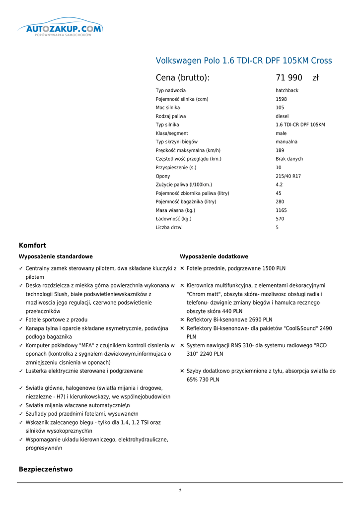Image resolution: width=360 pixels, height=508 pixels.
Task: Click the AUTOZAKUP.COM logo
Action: [x=61, y=29]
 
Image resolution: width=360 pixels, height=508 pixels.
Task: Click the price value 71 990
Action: [x=289, y=78]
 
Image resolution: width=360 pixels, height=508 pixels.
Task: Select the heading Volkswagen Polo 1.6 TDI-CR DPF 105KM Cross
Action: [x=244, y=61]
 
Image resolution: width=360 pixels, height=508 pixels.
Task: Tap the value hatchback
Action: [x=287, y=91]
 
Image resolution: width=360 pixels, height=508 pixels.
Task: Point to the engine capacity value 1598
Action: [x=281, y=99]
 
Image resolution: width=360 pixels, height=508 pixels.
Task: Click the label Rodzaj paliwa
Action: [x=171, y=116]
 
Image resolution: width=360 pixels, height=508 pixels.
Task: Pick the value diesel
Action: [x=282, y=116]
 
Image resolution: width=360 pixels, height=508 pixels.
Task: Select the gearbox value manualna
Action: [x=287, y=142]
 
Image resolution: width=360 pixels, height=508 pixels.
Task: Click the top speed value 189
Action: [x=280, y=150]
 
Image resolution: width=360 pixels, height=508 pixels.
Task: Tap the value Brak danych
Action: [x=289, y=159]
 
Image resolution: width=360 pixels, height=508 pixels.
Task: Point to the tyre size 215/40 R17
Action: [x=288, y=176]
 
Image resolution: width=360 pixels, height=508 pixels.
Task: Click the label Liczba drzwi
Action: [x=169, y=228]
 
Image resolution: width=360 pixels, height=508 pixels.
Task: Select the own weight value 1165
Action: [x=281, y=210]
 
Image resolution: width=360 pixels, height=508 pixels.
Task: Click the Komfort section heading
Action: [x=32, y=246]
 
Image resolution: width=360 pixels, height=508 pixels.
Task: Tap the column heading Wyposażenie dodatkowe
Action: [x=214, y=256]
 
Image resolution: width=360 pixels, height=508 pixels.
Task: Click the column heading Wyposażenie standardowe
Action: [x=56, y=256]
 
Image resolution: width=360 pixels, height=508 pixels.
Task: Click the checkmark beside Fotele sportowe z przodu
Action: [x=21, y=320]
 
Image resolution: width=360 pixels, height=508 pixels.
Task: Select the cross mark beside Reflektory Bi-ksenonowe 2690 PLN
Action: [x=182, y=320]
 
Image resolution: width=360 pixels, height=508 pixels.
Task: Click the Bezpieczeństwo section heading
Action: [x=46, y=469]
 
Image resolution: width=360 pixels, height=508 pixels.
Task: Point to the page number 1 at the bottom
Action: [x=180, y=491]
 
